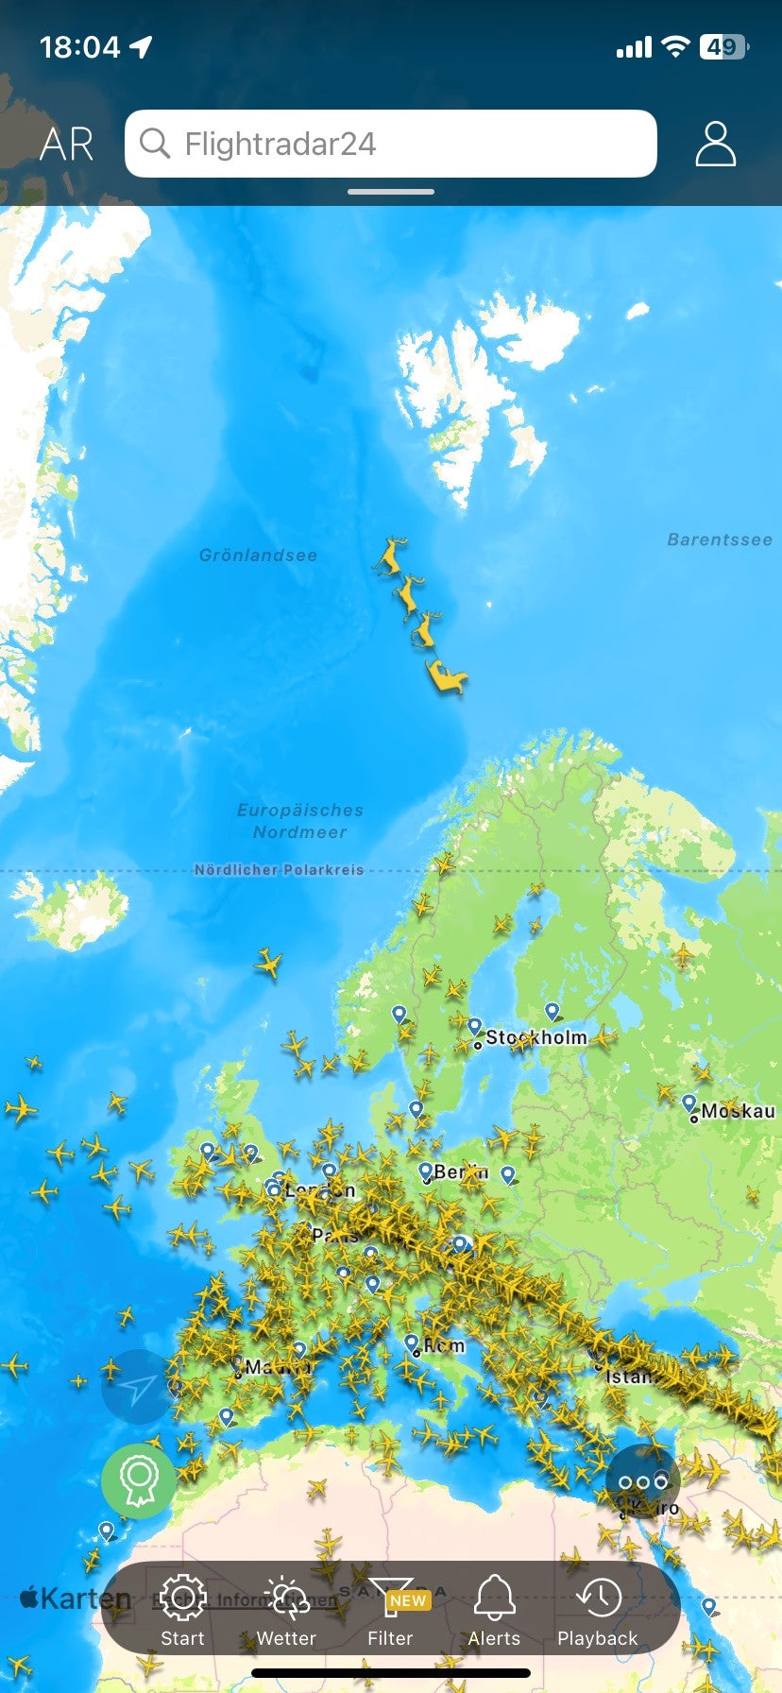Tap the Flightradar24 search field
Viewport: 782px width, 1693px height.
click(390, 144)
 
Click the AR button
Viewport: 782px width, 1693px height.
click(66, 145)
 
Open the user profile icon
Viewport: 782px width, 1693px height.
click(715, 144)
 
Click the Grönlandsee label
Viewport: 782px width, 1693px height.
click(258, 556)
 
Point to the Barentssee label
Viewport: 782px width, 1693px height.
click(720, 539)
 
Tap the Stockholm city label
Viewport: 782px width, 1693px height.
click(535, 1037)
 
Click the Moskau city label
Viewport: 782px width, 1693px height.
click(738, 1111)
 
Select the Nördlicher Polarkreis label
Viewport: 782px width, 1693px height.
click(279, 870)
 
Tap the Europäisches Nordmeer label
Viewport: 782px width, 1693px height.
click(299, 821)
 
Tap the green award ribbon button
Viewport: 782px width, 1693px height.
click(139, 1480)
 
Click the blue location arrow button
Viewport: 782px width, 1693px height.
click(139, 1387)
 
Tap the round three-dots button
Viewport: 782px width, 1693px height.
click(643, 1481)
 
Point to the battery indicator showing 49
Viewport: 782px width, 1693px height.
click(722, 47)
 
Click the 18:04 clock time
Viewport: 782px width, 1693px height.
click(80, 47)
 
